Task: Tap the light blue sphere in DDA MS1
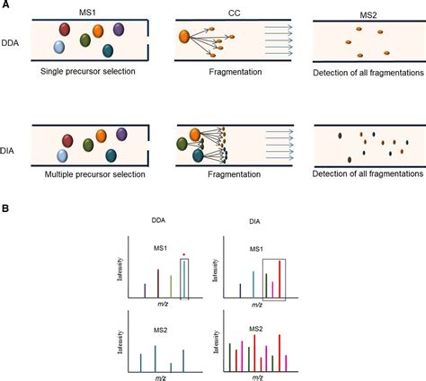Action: [x=59, y=47]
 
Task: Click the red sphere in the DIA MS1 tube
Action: [x=67, y=141]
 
